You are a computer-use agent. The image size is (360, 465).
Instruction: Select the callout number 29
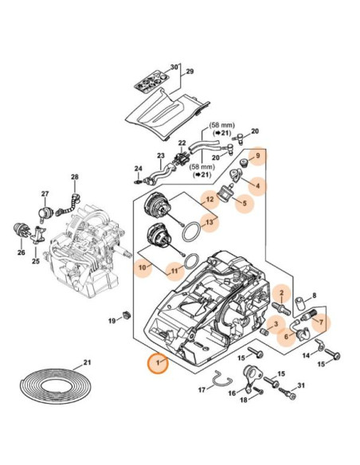pos(190,72)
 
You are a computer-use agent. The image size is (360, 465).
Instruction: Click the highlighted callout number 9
pos(257,158)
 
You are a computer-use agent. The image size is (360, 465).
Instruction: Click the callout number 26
pos(22,253)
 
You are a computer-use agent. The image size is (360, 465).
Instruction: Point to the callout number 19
pos(112,320)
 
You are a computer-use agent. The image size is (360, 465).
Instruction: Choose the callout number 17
pos(202,389)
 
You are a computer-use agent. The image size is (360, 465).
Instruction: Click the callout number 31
pos(300,386)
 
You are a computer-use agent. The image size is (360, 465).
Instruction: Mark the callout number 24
pos(137,168)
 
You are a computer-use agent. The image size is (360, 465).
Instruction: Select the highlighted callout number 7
pos(321,322)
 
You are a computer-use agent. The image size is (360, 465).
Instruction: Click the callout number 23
pos(160,156)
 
